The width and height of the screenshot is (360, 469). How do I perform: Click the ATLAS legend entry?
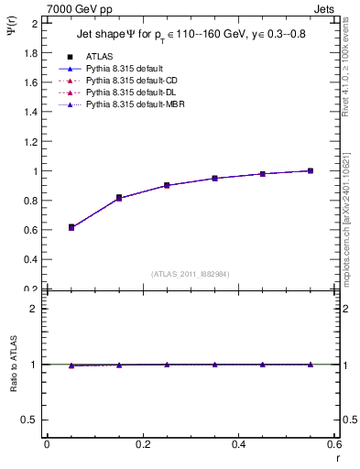99,57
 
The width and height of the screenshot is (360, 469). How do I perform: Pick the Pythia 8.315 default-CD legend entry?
129,81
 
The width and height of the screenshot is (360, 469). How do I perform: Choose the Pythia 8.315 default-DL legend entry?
128,93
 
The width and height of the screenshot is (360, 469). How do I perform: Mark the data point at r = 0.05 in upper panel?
71,227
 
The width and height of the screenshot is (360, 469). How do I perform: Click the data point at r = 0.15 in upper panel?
118,198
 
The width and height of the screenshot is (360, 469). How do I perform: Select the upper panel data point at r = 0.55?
311,170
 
